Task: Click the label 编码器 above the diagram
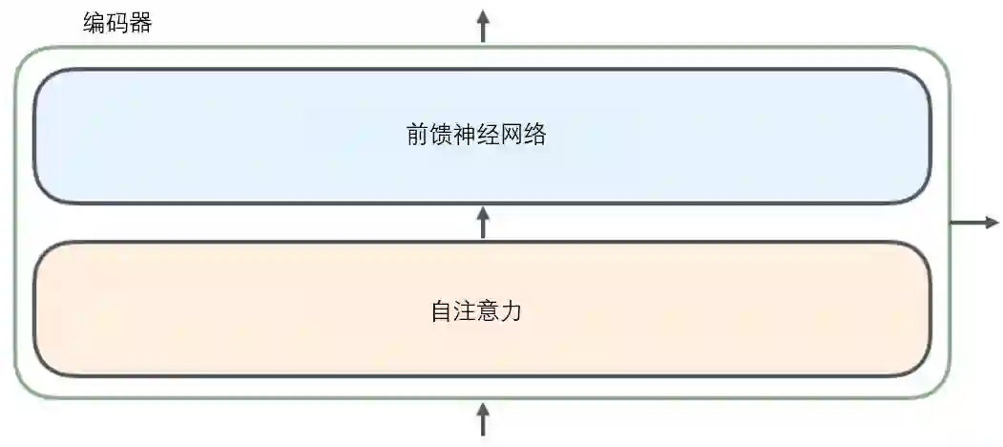coord(117,23)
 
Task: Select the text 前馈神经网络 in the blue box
coord(476,135)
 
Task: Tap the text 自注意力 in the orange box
coord(476,311)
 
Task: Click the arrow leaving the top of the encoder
coord(483,25)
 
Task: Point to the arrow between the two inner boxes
coord(483,223)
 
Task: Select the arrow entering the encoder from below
coord(483,419)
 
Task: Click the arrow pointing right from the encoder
coord(974,223)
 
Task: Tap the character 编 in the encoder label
coord(94,23)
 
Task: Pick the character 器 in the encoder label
coord(140,23)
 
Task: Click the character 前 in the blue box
coord(418,135)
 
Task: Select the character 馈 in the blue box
coord(441,135)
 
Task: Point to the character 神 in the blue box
coord(465,135)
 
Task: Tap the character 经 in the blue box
coord(488,135)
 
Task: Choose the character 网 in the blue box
coord(512,135)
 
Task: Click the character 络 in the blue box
coord(534,135)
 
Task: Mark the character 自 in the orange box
coord(441,311)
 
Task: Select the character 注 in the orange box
coord(465,311)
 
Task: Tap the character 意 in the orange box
coord(488,311)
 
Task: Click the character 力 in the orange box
coord(512,311)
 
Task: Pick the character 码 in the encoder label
coord(117,23)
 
